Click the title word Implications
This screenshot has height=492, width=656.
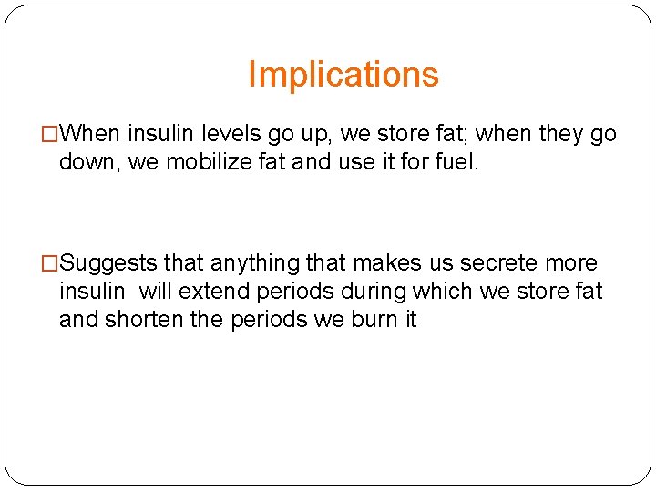click(x=343, y=75)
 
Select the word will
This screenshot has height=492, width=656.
click(x=156, y=292)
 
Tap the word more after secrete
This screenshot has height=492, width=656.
click(x=571, y=263)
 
